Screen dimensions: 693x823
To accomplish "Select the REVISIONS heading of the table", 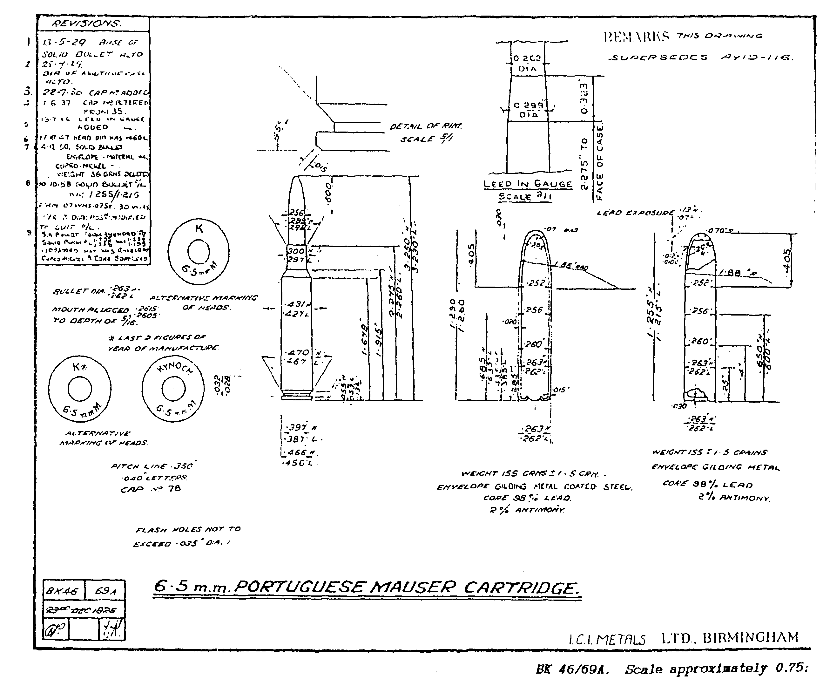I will coord(87,23).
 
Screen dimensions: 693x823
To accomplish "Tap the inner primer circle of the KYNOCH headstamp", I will coord(173,389).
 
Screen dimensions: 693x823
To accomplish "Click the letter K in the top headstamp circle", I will coord(199,229).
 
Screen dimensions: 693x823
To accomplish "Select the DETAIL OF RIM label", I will coord(426,126).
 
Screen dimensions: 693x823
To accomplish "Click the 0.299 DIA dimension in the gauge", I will coord(528,110).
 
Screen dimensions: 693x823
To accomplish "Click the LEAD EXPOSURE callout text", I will coord(635,213).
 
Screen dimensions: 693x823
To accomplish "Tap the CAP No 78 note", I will coord(150,489).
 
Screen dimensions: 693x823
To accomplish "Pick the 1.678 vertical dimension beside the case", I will coord(364,340).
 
